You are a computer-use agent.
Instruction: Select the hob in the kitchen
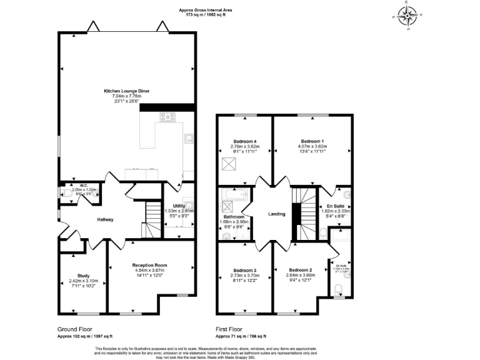167,117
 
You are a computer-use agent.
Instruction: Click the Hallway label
105,219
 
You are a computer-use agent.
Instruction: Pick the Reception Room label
149,265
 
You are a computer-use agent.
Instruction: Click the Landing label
276,214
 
